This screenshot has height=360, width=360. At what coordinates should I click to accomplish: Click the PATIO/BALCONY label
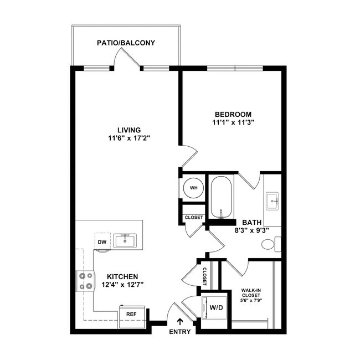(126, 43)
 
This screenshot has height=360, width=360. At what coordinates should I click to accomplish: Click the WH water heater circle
(194, 188)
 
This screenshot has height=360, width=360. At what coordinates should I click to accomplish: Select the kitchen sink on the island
(125, 240)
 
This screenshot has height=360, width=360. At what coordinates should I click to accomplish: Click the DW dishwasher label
(102, 241)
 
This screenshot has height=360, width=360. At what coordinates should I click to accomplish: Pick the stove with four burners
(85, 281)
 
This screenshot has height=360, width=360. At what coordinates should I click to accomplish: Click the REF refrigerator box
(132, 314)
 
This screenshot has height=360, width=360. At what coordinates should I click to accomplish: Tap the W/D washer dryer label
(214, 307)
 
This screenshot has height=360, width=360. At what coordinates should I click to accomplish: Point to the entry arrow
(179, 322)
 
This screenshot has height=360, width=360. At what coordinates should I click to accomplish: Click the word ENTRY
(179, 332)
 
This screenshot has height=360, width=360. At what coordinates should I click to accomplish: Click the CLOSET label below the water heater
(193, 218)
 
